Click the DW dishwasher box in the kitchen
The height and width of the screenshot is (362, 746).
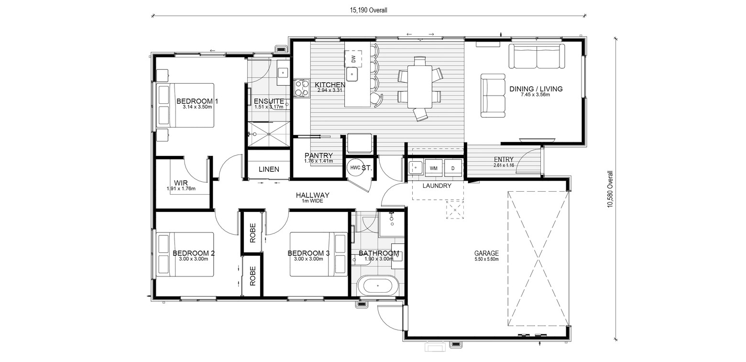tap(353, 59)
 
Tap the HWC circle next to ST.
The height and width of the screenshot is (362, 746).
tap(355, 168)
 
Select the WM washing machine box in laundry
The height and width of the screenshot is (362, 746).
tap(433, 168)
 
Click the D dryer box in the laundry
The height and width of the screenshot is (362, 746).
tap(453, 168)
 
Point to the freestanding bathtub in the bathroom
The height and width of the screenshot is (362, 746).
tap(377, 286)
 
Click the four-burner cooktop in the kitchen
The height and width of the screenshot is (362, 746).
tap(302, 88)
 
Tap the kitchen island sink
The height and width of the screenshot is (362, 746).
tap(352, 74)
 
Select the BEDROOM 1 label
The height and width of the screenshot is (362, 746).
tap(197, 101)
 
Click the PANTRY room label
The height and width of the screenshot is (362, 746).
tap(318, 155)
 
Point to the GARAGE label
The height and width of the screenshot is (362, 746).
tap(486, 253)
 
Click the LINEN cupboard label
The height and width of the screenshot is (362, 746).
tap(269, 169)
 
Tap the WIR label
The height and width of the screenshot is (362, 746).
tap(181, 183)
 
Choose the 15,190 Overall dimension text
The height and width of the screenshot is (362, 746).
tap(368, 11)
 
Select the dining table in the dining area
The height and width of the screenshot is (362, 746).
tap(420, 87)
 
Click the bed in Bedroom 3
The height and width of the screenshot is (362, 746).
tap(318, 254)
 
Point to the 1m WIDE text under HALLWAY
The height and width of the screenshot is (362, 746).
tap(312, 201)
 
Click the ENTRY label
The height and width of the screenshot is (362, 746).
tap(504, 160)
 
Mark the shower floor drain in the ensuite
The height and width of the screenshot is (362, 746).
tap(269, 134)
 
